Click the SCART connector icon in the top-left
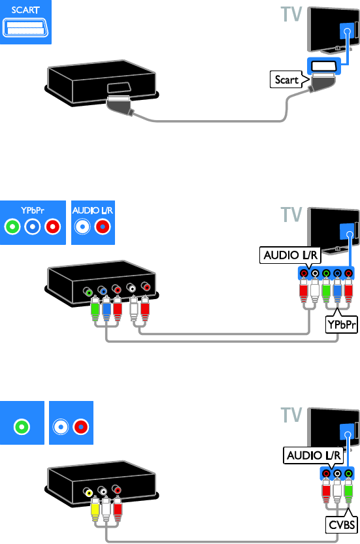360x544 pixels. (25, 27)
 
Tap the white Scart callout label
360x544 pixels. (287, 80)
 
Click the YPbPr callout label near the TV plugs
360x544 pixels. (342, 325)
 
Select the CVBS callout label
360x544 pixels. (342, 524)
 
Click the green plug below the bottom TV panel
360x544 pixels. (348, 490)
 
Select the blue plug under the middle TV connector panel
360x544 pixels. (337, 291)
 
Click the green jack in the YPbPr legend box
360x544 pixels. (12, 227)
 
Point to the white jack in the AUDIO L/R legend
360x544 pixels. (82, 227)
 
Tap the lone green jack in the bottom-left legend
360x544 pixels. (22, 426)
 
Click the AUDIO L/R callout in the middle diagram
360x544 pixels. (290, 255)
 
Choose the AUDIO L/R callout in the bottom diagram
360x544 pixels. (314, 455)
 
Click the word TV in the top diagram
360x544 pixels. (291, 14)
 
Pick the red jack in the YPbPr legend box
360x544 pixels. (52, 227)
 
